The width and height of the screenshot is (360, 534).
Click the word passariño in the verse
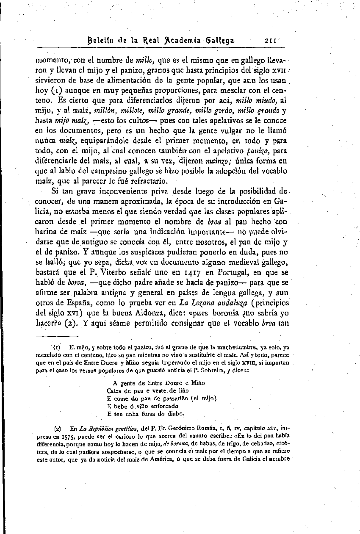point(172,398)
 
